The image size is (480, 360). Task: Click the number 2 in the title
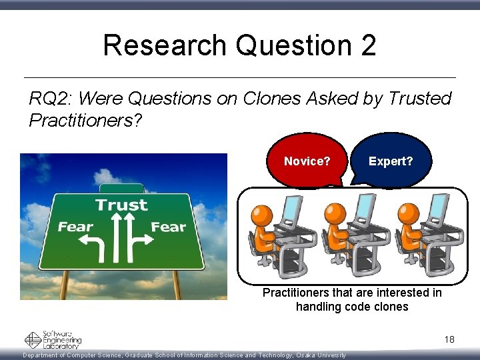[368, 45]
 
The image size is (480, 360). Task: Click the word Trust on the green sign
[121, 204]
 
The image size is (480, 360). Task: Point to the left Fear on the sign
[75, 227]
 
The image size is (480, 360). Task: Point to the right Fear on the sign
[168, 227]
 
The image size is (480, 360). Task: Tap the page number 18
[449, 340]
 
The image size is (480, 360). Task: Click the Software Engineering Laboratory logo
[53, 340]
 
